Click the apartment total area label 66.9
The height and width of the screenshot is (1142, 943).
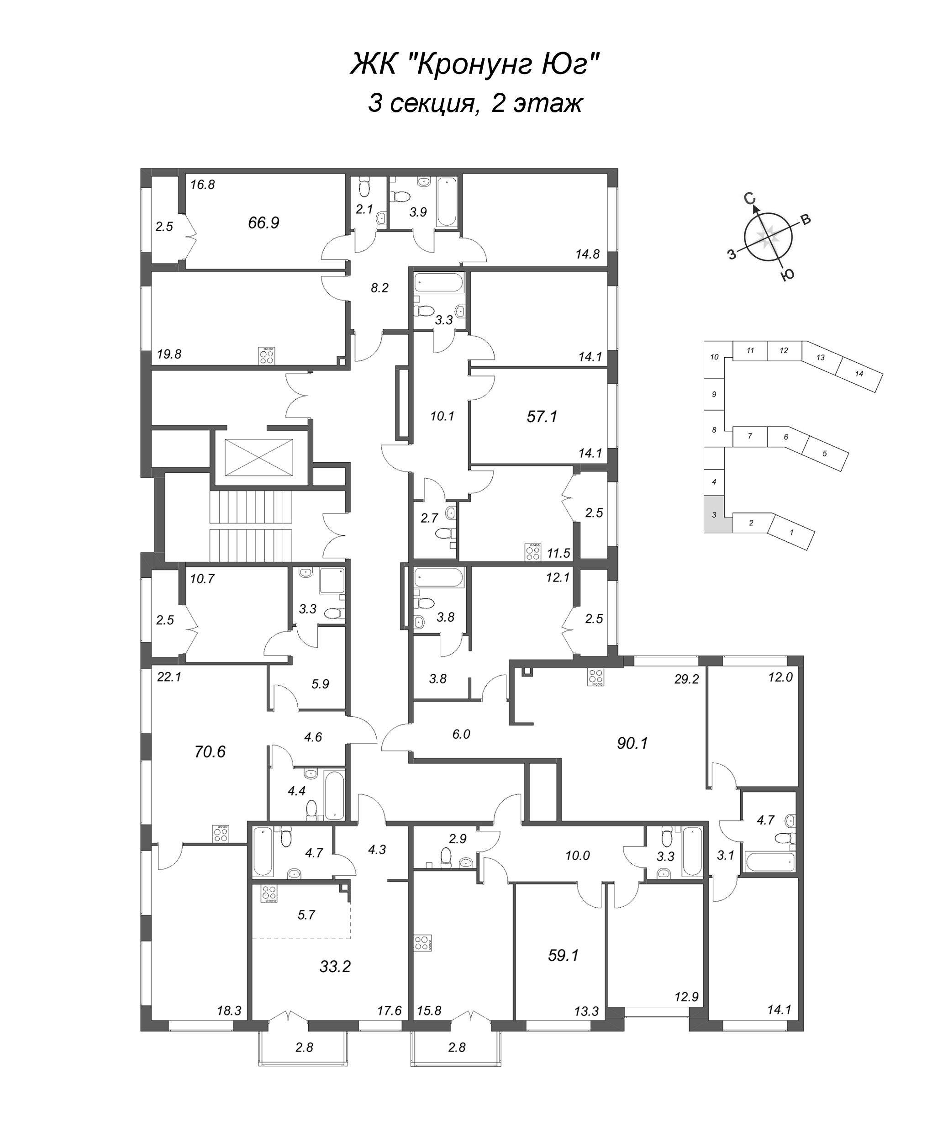pos(263,223)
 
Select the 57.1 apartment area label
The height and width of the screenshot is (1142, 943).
pos(542,417)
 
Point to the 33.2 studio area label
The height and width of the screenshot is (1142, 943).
pos(335,967)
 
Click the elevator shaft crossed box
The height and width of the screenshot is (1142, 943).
pos(258,457)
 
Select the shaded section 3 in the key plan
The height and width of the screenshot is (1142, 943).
pos(714,514)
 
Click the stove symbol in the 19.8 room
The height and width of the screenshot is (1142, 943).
pos(267,355)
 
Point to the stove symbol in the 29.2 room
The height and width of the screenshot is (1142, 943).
pos(596,677)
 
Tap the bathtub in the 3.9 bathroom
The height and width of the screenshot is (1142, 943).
pos(447,201)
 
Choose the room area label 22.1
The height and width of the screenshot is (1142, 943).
pos(169,677)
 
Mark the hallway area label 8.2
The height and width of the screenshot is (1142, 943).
pos(379,288)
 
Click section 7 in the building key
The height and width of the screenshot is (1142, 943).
pos(750,436)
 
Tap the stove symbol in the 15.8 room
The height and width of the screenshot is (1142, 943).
pos(422,943)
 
